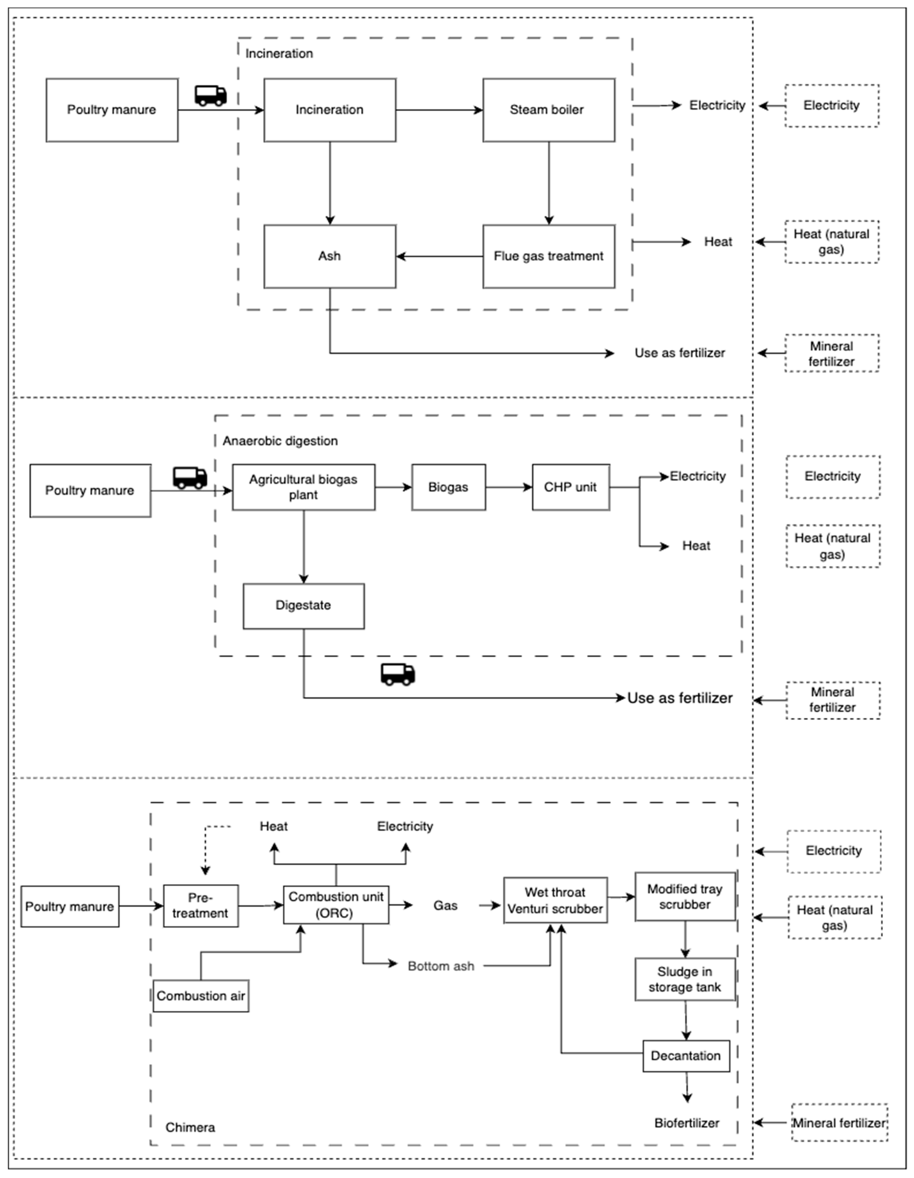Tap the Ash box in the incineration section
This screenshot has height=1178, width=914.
[329, 256]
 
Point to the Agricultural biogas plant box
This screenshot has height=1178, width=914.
[303, 487]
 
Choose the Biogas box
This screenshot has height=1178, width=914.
[448, 487]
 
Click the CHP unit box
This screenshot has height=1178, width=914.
[571, 487]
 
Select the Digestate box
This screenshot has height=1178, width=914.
[303, 606]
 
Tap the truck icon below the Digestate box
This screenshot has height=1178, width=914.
[398, 674]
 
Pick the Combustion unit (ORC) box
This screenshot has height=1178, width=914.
[336, 905]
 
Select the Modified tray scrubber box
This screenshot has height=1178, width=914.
[684, 896]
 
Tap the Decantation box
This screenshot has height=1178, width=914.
[686, 1056]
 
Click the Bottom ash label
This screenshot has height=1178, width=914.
[441, 966]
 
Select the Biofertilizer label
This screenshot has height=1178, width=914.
[687, 1123]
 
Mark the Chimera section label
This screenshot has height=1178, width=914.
[190, 1127]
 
